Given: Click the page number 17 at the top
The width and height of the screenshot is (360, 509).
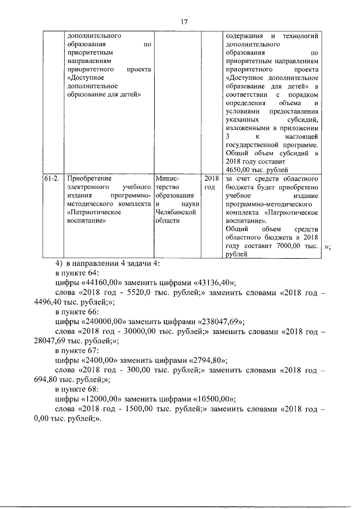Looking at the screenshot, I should pyautogui.click(x=184, y=22).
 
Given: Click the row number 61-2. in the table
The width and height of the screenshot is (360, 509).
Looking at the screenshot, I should pyautogui.click(x=52, y=178).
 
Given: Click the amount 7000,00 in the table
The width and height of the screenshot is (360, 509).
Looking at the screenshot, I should pyautogui.click(x=287, y=246).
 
